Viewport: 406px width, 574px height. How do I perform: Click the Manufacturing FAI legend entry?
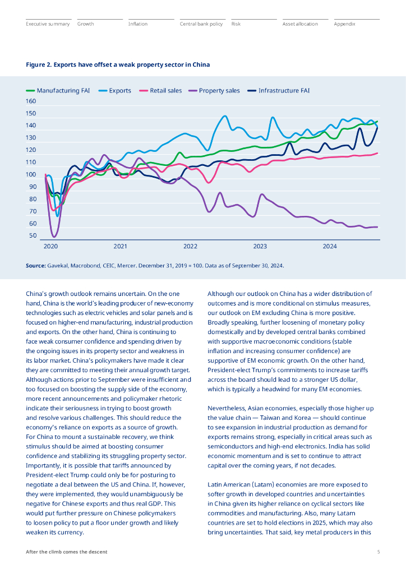[58, 90]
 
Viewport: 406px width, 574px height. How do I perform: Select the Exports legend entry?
[115, 90]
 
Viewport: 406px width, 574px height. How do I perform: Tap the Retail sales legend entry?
[161, 90]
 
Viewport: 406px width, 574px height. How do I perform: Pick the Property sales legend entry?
[214, 90]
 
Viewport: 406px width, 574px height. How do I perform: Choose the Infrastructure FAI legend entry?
[279, 90]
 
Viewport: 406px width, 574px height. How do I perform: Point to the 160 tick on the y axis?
[31, 101]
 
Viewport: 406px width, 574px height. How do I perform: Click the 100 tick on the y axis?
[31, 174]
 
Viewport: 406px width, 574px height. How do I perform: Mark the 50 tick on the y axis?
[33, 235]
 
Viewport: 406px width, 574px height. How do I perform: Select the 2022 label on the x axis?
[190, 247]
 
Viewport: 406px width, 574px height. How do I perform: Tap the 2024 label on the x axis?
[330, 247]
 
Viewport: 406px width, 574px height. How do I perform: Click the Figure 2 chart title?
[118, 65]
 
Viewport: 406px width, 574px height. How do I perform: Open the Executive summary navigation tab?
[48, 24]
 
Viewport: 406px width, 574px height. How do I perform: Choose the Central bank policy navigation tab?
[201, 24]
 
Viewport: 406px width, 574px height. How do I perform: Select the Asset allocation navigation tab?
[300, 24]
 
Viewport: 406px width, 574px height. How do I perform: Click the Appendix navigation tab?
[344, 24]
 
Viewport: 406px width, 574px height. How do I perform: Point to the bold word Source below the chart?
[35, 265]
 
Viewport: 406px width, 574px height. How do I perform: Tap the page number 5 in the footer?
[379, 552]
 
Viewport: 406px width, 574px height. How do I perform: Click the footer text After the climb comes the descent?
[67, 552]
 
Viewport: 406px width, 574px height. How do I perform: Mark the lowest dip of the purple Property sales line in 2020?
[54, 237]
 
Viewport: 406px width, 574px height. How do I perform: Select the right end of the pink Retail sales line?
[377, 153]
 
